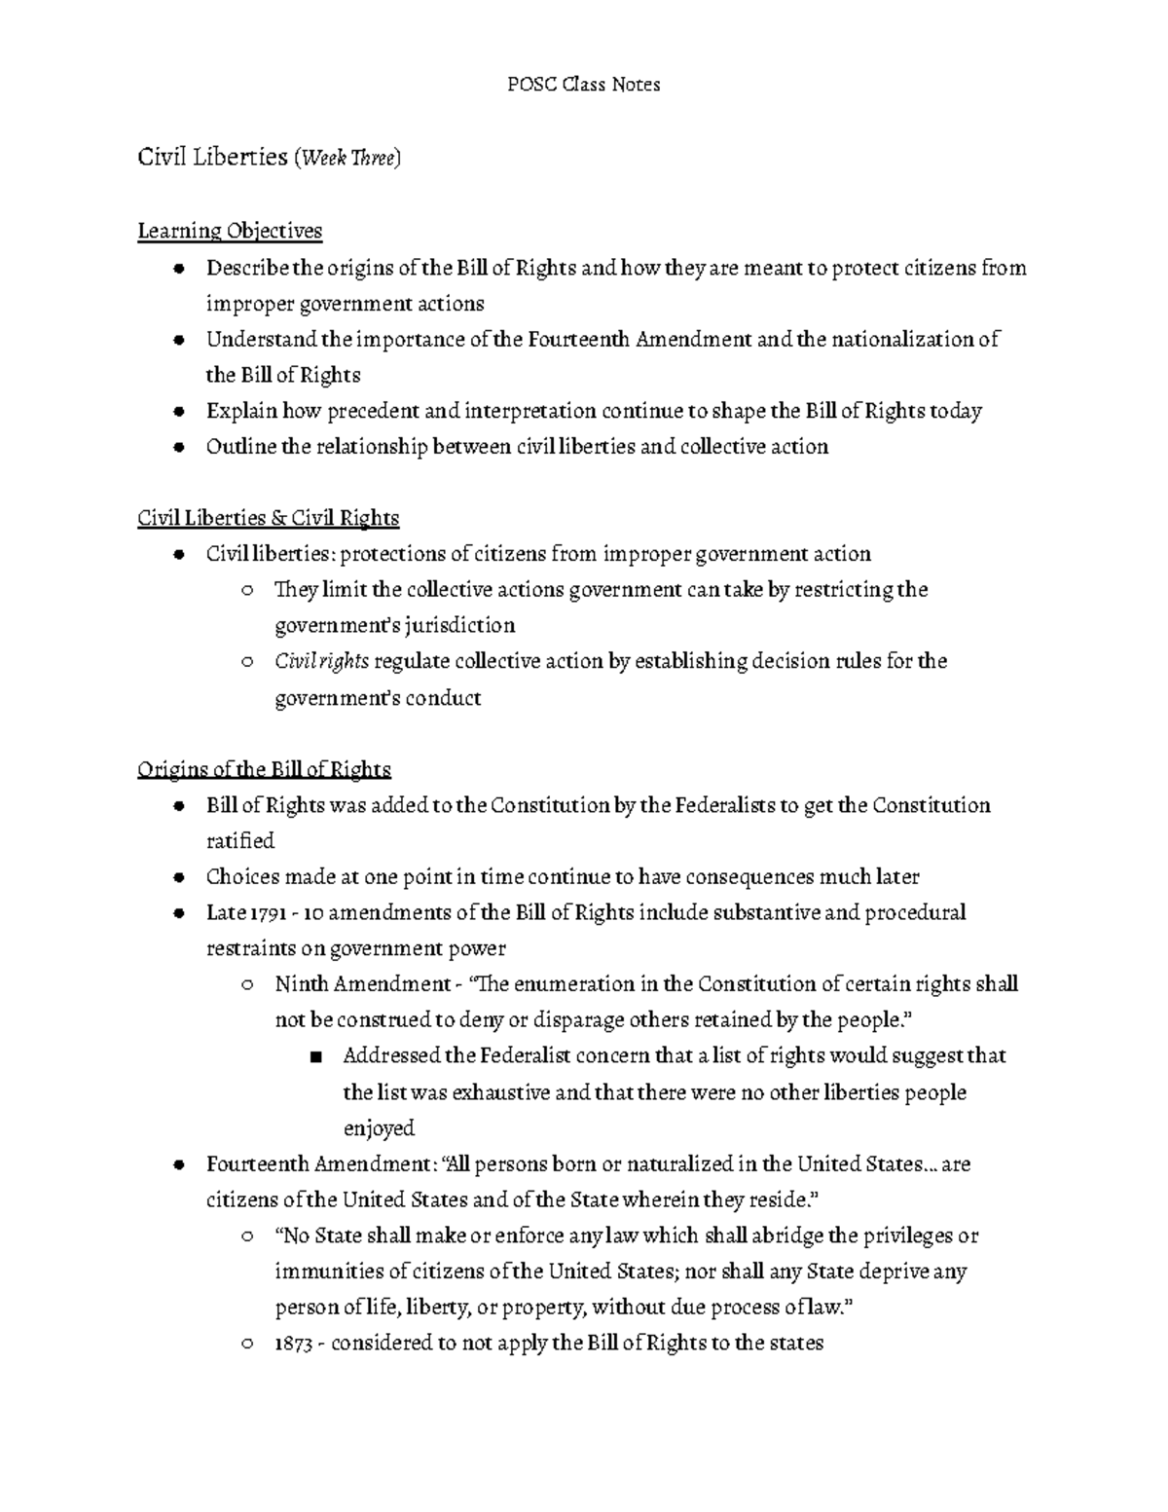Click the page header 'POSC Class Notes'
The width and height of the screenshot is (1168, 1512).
[x=584, y=85]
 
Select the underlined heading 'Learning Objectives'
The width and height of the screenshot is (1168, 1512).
[x=230, y=232]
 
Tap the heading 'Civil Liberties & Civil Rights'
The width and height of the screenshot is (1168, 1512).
[x=269, y=518]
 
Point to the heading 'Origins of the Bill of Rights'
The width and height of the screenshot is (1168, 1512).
[x=264, y=770]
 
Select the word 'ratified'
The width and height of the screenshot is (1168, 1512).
[x=240, y=841]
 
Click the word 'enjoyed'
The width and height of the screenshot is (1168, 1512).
[x=379, y=1128]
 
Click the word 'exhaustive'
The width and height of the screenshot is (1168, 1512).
[x=499, y=1092]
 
